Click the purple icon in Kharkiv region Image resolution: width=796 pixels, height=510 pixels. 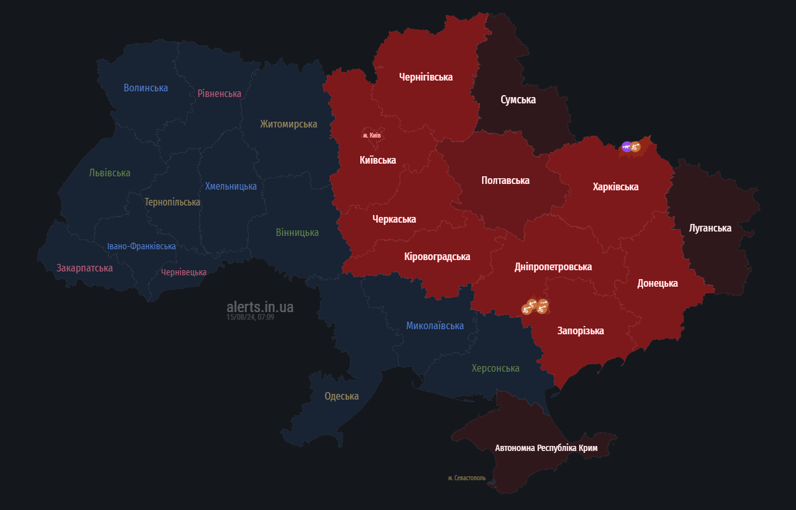tap(627, 147)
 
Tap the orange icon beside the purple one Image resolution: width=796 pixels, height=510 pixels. tap(636, 147)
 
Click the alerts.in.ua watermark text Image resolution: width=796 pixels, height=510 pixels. tap(260, 307)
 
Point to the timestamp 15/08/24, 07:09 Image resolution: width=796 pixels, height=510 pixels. tap(250, 317)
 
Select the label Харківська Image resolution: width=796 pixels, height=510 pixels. tap(615, 187)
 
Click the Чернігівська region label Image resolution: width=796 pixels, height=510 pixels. tap(426, 77)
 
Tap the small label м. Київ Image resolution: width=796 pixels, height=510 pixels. tap(372, 135)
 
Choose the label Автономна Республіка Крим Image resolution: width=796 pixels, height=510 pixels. tap(546, 448)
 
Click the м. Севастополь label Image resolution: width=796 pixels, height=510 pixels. tap(466, 478)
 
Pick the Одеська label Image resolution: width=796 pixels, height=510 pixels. tap(341, 396)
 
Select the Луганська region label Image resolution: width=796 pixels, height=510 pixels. tap(710, 228)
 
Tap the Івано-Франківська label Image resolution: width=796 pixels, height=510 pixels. tap(141, 246)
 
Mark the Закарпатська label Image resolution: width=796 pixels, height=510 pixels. tap(84, 268)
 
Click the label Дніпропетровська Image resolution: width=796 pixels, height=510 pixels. tap(553, 267)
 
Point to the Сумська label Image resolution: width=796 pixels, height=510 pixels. tap(518, 100)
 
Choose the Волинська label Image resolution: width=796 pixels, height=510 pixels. tap(146, 88)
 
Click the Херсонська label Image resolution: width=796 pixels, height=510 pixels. tap(495, 369)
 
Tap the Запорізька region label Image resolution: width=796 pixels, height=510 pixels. tap(580, 331)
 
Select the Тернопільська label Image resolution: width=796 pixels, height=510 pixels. tap(172, 202)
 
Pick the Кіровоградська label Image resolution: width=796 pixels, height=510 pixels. tap(437, 257)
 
